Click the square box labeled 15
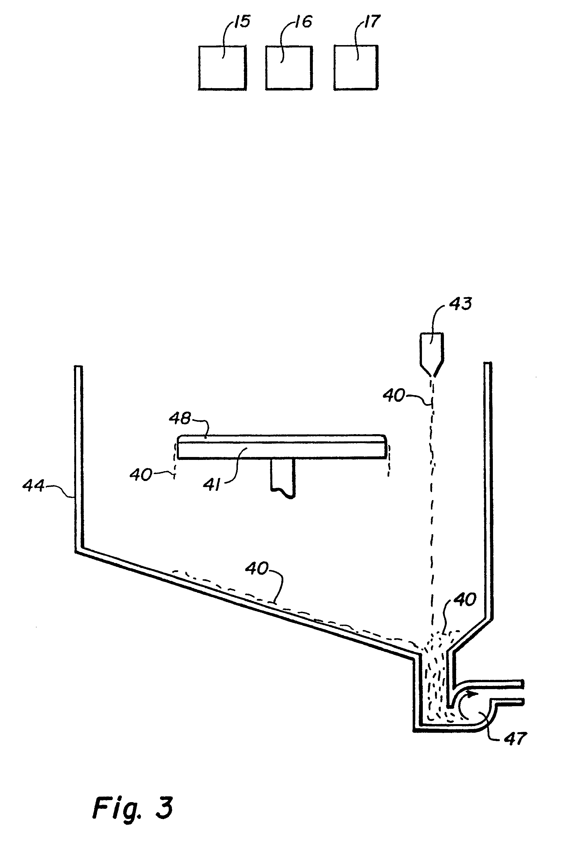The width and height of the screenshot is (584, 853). (222, 68)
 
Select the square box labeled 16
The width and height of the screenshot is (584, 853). (289, 68)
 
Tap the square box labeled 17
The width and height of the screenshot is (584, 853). (356, 68)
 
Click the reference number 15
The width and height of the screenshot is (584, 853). (242, 22)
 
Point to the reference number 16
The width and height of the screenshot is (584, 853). (303, 22)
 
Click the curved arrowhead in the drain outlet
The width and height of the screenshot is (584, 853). (473, 693)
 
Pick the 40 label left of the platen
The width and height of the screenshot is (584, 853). (141, 475)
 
